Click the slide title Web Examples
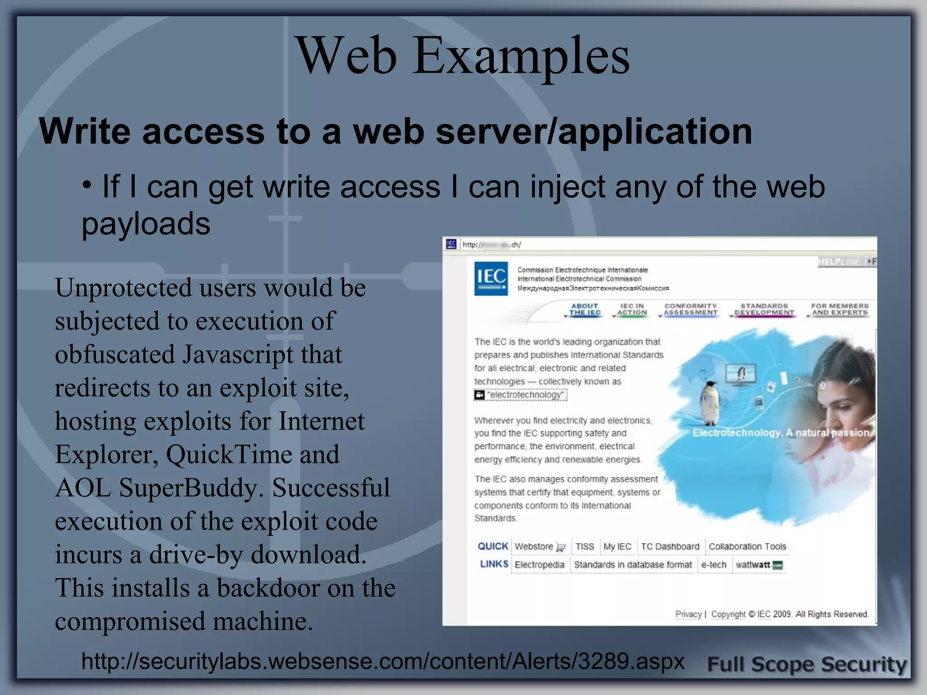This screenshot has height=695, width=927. (463, 56)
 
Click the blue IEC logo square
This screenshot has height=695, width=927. (491, 278)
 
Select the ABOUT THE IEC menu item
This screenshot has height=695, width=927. (585, 309)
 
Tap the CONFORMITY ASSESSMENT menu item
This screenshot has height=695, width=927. (691, 309)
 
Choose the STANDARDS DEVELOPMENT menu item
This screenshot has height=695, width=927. (764, 309)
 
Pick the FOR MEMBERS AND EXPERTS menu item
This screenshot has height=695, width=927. (840, 309)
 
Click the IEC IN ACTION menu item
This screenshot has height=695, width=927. (632, 309)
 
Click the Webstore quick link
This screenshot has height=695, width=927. (534, 547)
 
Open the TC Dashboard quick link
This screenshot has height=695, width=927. (670, 547)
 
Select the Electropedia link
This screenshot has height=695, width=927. (540, 565)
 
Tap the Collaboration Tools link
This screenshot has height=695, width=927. (747, 547)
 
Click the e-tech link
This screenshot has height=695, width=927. (714, 565)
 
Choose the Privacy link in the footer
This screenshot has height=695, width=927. (688, 614)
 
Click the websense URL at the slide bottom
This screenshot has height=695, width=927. (382, 661)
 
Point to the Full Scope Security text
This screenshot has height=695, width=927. (807, 665)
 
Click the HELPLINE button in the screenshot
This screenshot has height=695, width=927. (840, 262)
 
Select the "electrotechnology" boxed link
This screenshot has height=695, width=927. (525, 395)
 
